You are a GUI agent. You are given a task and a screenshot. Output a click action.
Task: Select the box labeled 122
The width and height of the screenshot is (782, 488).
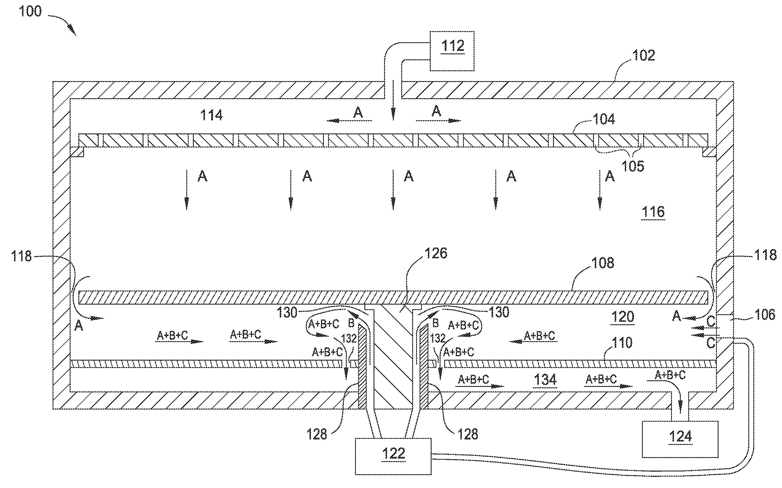pyautogui.click(x=393, y=456)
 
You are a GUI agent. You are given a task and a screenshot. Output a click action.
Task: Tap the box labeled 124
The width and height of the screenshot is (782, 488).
pyautogui.click(x=680, y=439)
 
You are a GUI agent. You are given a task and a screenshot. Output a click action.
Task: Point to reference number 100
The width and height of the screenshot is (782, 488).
pyautogui.click(x=30, y=12)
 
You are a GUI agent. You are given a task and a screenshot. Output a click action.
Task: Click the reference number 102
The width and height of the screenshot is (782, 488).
pyautogui.click(x=643, y=55)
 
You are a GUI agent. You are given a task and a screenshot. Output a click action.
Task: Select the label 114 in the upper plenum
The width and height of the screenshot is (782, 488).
pyautogui.click(x=212, y=115)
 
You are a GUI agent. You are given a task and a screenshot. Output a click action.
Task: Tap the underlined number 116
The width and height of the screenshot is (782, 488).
pyautogui.click(x=653, y=212)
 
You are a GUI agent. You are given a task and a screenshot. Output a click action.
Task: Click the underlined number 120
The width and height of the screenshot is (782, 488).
pyautogui.click(x=623, y=317)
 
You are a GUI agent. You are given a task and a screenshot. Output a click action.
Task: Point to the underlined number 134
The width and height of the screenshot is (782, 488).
pyautogui.click(x=545, y=379)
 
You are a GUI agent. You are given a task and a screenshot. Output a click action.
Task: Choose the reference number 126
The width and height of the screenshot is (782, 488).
pyautogui.click(x=436, y=253)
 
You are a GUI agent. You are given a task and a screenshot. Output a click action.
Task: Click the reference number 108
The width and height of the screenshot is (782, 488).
pyautogui.click(x=603, y=263)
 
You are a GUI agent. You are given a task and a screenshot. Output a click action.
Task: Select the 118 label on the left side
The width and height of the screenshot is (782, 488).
pyautogui.click(x=21, y=256)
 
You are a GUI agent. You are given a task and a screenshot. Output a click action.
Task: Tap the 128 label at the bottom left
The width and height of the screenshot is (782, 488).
pyautogui.click(x=317, y=434)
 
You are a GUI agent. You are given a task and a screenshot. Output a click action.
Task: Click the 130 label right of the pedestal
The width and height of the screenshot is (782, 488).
pyautogui.click(x=499, y=312)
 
